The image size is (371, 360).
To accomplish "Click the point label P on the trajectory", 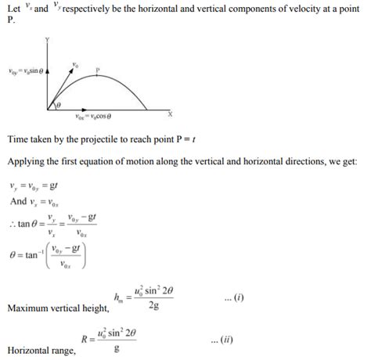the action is pyautogui.click(x=98, y=70).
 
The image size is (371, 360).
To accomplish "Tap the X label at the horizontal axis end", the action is pyautogui.click(x=170, y=113).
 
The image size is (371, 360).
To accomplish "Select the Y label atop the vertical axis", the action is pyautogui.click(x=49, y=38).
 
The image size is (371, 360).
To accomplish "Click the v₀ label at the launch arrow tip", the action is pyautogui.click(x=75, y=63).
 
